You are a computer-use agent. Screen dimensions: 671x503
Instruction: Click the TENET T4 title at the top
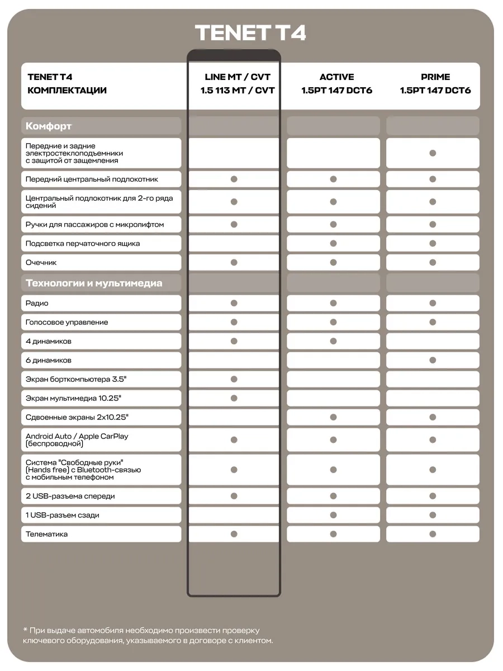(x=250, y=33)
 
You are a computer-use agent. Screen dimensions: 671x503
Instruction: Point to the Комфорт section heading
(x=49, y=126)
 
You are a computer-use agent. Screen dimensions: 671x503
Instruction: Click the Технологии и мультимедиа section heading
(x=94, y=283)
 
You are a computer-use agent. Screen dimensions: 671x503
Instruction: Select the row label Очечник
(x=41, y=262)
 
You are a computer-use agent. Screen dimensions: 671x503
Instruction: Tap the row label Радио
(x=37, y=303)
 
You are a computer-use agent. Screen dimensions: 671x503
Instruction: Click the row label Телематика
(x=47, y=534)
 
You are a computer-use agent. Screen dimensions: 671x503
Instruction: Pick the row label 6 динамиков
(x=49, y=360)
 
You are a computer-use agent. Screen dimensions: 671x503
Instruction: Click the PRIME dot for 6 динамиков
(x=433, y=360)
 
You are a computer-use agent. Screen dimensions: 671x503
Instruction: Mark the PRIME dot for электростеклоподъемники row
(x=433, y=153)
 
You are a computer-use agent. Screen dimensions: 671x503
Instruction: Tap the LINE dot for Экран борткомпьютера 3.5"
(x=234, y=379)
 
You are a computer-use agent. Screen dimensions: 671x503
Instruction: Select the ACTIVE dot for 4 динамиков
(x=333, y=341)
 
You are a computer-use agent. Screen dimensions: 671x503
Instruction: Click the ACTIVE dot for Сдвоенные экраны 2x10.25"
(x=333, y=417)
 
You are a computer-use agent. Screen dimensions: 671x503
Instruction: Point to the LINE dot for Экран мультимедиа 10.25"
(x=234, y=398)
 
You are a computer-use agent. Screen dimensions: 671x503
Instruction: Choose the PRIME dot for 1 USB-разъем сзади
(x=433, y=515)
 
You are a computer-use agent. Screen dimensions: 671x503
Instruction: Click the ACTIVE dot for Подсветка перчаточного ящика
(x=333, y=243)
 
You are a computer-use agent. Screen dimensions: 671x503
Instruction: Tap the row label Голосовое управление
(x=67, y=322)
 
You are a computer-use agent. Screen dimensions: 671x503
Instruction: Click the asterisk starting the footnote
(x=25, y=630)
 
